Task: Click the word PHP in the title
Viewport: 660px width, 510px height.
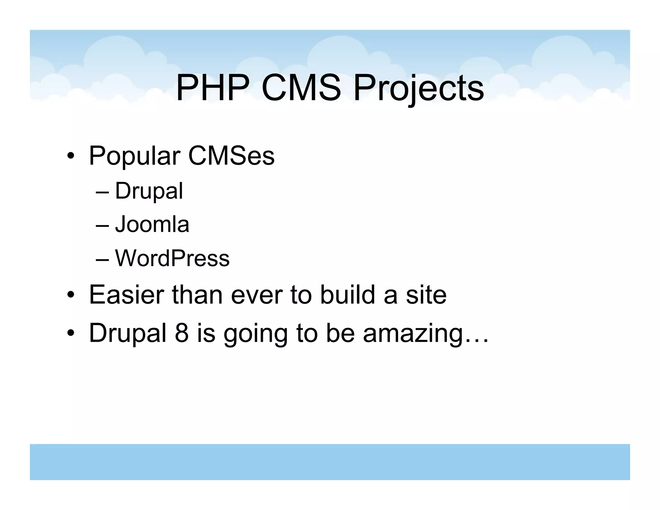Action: click(x=213, y=88)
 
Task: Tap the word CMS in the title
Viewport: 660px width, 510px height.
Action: click(x=301, y=88)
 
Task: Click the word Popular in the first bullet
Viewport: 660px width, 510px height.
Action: click(x=134, y=156)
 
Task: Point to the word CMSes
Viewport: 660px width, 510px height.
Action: click(x=231, y=156)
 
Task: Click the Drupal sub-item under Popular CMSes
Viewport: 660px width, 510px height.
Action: click(x=149, y=191)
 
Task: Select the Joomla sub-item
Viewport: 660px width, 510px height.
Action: click(x=152, y=224)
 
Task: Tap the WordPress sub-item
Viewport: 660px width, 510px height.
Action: click(x=172, y=258)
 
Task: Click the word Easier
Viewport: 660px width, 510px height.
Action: click(x=126, y=295)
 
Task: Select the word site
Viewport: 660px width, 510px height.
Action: click(x=426, y=295)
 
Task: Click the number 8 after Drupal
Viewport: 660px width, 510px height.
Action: click(x=181, y=333)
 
